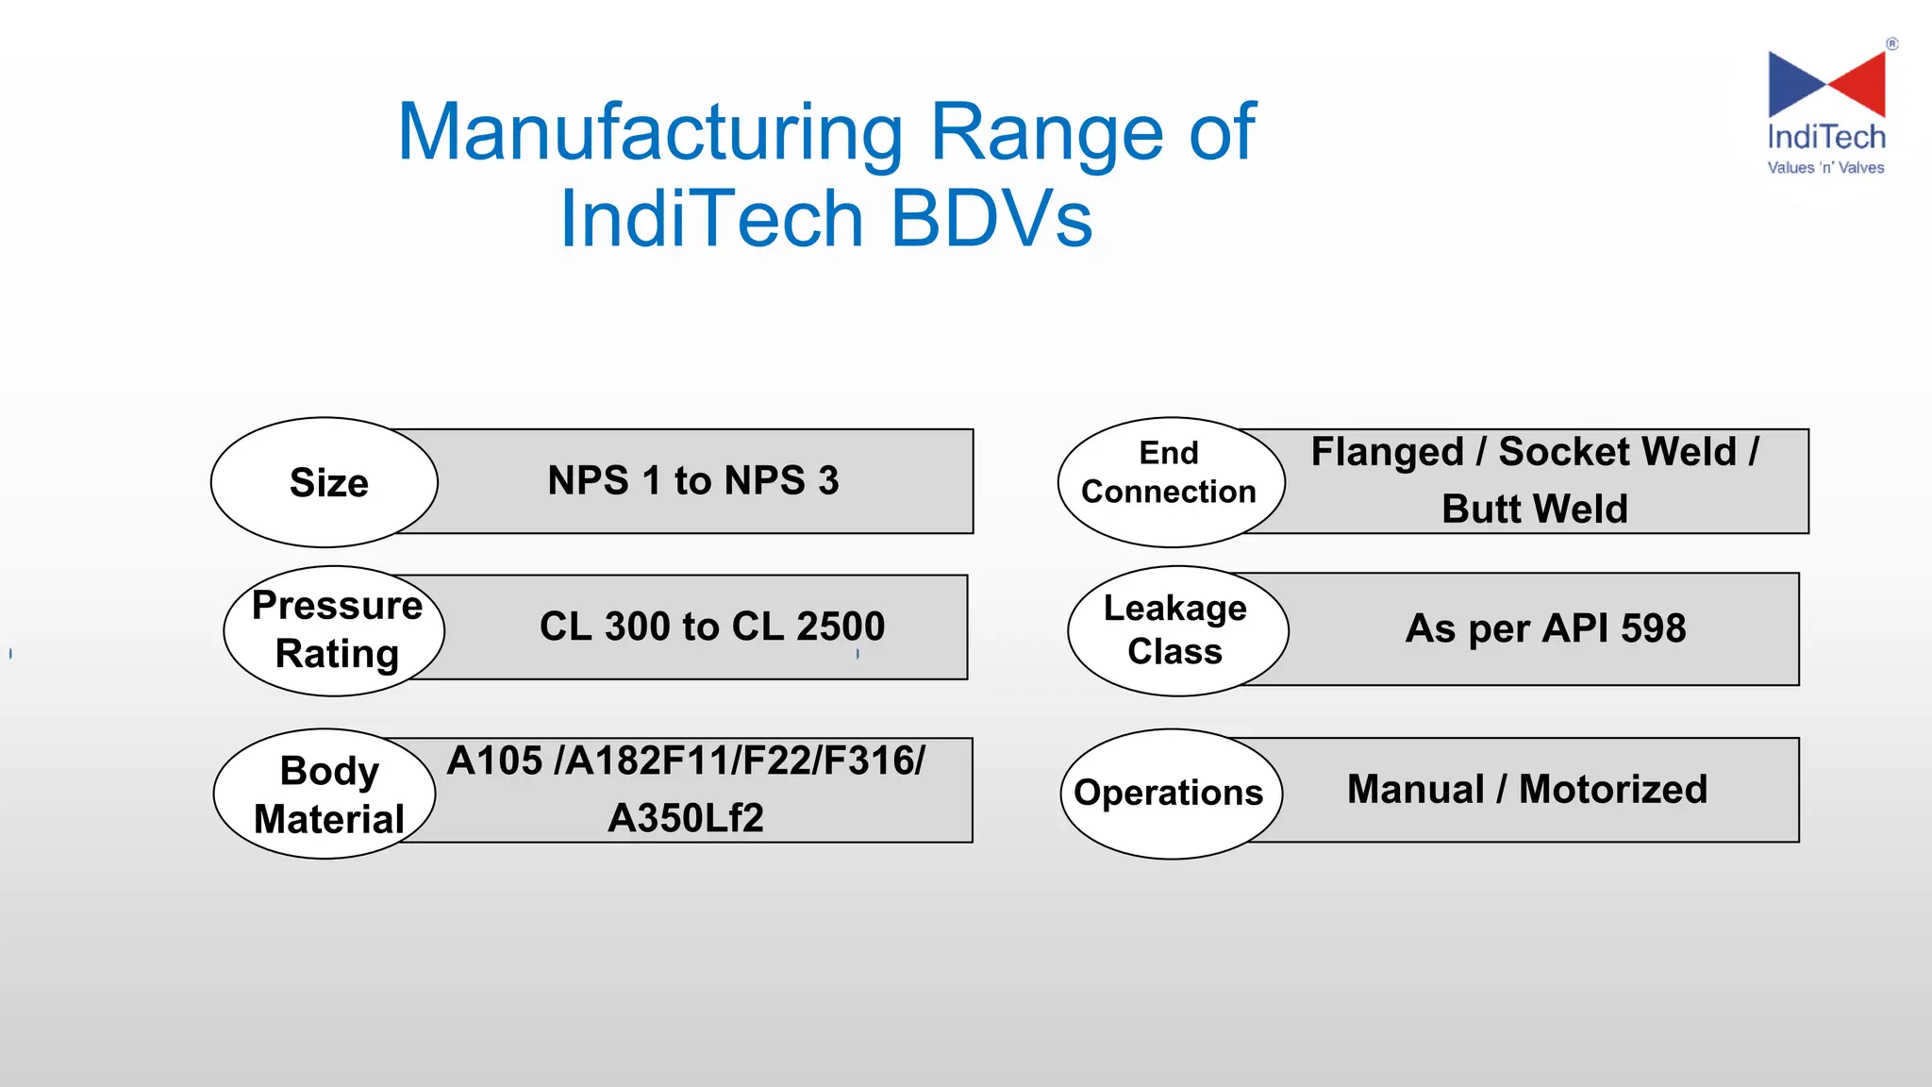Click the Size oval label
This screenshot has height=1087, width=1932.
click(x=325, y=482)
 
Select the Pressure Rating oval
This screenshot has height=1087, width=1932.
click(x=335, y=630)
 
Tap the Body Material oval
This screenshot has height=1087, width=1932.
click(x=325, y=794)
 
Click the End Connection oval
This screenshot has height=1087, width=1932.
click(x=1170, y=482)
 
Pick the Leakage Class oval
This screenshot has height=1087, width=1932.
click(x=1177, y=630)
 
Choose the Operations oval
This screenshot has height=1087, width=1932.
click(x=1170, y=793)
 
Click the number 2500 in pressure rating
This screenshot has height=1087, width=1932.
click(x=840, y=627)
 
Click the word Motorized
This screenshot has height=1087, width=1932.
click(x=1613, y=790)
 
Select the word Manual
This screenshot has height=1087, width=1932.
click(x=1415, y=790)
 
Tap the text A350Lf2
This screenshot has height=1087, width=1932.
click(x=686, y=818)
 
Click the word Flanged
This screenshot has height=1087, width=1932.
click(x=1387, y=452)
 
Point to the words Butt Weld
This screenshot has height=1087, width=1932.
click(x=1535, y=510)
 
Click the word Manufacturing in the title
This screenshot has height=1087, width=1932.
click(x=651, y=133)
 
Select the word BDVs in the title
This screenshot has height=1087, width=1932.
click(x=991, y=219)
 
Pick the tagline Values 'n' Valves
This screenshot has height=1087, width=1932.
click(x=1825, y=168)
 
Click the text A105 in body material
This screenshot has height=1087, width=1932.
click(x=495, y=761)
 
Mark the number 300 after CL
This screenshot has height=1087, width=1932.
click(x=637, y=627)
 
